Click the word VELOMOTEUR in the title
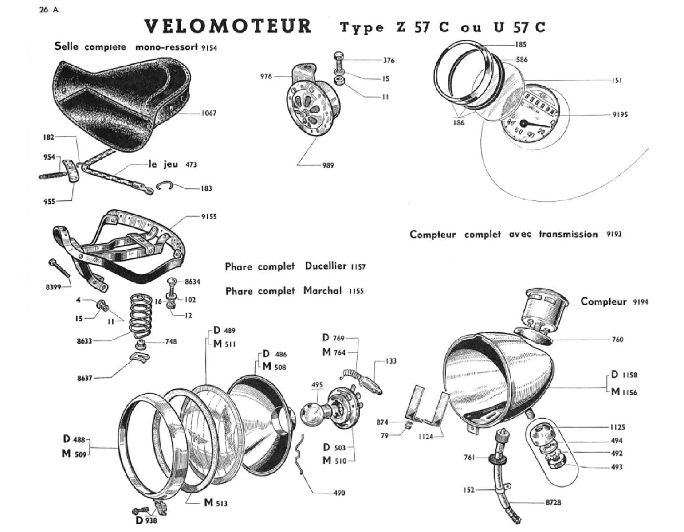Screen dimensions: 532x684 point(228,27)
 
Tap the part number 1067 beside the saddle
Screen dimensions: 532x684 point(208,113)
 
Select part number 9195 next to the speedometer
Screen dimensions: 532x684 point(620,114)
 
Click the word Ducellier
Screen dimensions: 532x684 point(325,266)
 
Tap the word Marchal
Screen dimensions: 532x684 point(322,291)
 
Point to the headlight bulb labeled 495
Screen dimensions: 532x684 point(314,414)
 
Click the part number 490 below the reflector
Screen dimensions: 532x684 point(339,493)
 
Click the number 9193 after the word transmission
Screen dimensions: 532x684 point(614,234)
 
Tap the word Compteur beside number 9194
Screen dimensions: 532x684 point(603,301)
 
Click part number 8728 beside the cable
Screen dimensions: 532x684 point(553,502)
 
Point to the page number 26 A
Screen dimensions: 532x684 point(48,10)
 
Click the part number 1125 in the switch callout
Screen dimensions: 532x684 point(617,427)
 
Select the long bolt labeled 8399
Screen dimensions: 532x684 point(60,268)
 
